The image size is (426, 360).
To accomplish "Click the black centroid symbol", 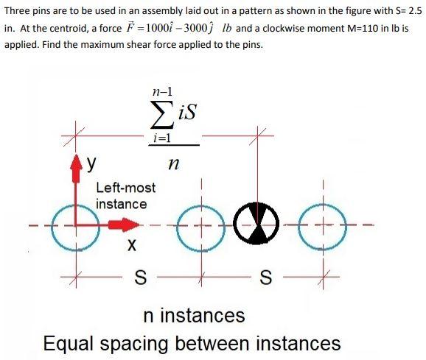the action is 256,223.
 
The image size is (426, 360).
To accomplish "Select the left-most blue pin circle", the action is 52,228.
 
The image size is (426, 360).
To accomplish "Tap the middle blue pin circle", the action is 177,228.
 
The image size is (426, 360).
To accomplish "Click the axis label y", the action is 91,163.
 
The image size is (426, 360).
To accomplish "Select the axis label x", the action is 131,245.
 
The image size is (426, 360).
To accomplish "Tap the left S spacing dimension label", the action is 141,278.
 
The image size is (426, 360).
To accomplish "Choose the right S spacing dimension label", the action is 265,278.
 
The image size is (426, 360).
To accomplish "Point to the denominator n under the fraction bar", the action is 174,163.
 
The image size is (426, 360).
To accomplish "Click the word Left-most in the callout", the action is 126,188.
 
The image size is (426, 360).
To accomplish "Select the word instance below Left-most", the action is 122,204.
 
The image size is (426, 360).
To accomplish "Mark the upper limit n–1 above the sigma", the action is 162,92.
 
